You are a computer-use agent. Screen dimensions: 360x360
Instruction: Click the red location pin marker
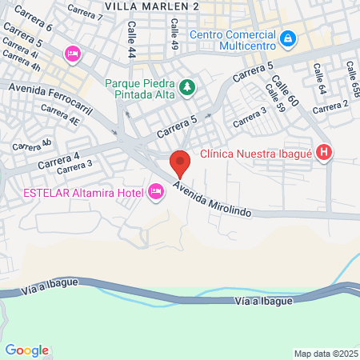[181, 163]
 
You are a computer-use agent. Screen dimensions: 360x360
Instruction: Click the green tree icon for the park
[186, 86]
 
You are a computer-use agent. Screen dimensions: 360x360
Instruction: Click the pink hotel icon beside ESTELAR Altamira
[155, 191]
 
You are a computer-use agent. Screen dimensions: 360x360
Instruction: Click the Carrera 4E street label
[62, 122]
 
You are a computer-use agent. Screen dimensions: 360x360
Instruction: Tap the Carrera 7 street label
[85, 11]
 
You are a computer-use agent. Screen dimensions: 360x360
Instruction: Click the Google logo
[26, 350]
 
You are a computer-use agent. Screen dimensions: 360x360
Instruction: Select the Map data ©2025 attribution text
[326, 354]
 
